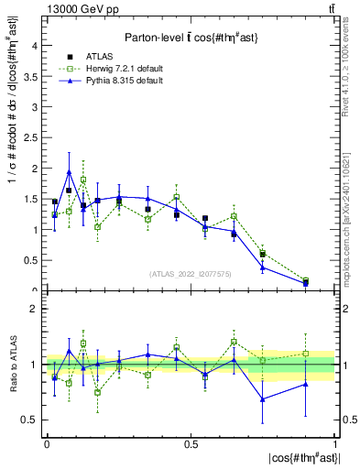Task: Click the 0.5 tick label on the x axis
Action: click(x=191, y=442)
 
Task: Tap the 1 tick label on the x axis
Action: click(x=335, y=442)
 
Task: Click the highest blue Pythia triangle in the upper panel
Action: click(x=69, y=171)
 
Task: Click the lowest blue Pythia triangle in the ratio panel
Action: click(x=263, y=399)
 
